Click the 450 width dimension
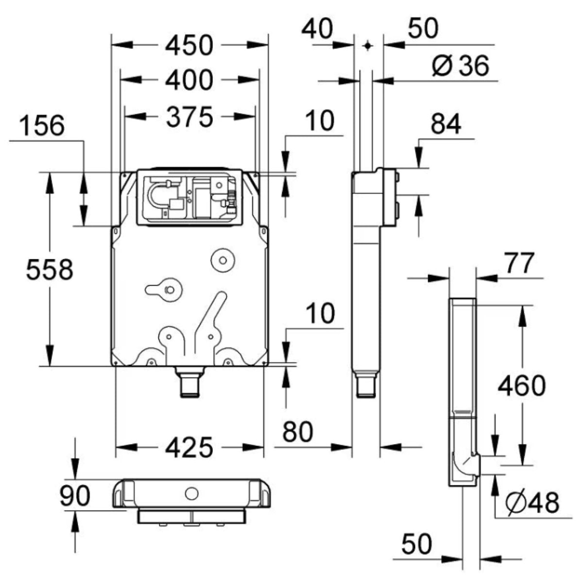pos(189,45)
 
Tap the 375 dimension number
pos(189,117)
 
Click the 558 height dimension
pos(50,270)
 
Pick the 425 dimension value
pos(189,447)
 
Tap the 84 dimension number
pos(446,125)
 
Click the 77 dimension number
pos(518,264)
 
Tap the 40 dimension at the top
pos(317,29)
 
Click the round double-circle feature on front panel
pos(223,260)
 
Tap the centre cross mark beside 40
pos(368,45)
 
